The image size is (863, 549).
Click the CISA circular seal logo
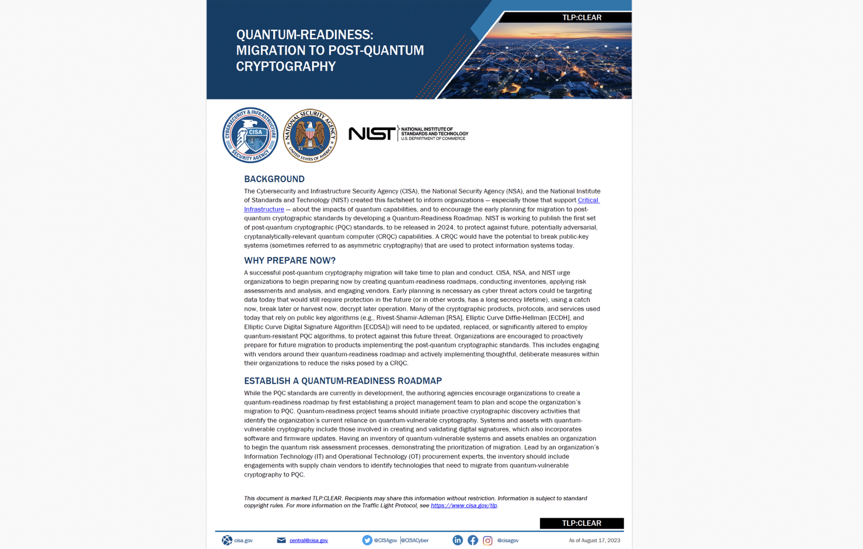(250, 135)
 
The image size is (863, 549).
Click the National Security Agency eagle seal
(310, 135)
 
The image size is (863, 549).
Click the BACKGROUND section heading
(274, 179)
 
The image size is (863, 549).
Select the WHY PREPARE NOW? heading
(289, 260)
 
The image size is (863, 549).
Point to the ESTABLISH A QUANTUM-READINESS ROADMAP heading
(343, 381)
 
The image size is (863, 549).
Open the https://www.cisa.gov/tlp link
(464, 506)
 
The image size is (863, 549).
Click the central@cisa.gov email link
(308, 541)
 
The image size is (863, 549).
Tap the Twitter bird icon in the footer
(367, 540)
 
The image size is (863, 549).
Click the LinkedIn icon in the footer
(458, 540)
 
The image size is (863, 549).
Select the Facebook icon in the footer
(473, 540)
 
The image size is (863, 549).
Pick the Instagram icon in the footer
(488, 541)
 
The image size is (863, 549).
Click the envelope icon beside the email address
(281, 540)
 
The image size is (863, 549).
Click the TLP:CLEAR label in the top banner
(582, 18)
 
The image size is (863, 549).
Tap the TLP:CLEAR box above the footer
(582, 523)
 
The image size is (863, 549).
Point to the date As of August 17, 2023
(594, 541)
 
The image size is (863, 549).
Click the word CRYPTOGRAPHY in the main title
(286, 67)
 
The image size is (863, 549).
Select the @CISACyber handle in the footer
(415, 541)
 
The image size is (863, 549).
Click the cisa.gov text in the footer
(243, 541)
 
